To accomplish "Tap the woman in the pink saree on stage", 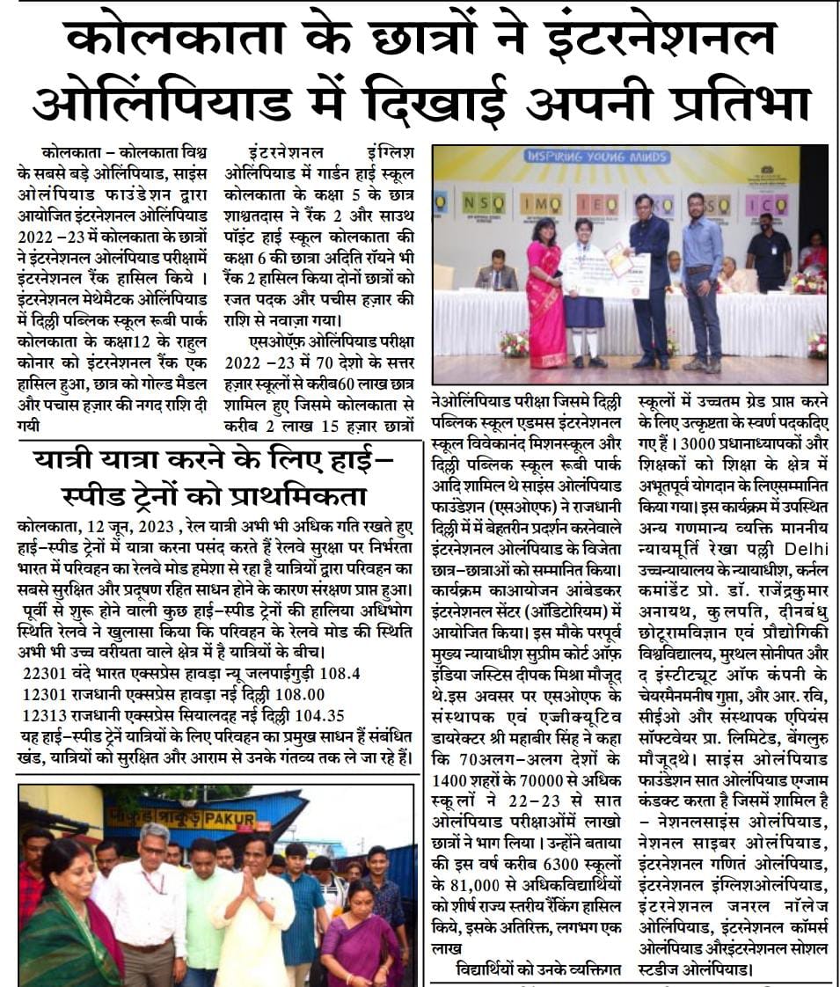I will (x=546, y=295).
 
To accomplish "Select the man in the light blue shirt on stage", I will (x=702, y=281).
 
